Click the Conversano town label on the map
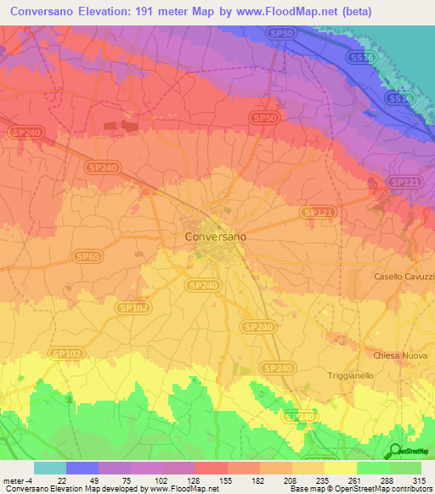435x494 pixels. click(x=216, y=237)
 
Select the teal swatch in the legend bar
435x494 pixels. click(x=50, y=468)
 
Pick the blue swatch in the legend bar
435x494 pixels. click(x=82, y=468)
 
